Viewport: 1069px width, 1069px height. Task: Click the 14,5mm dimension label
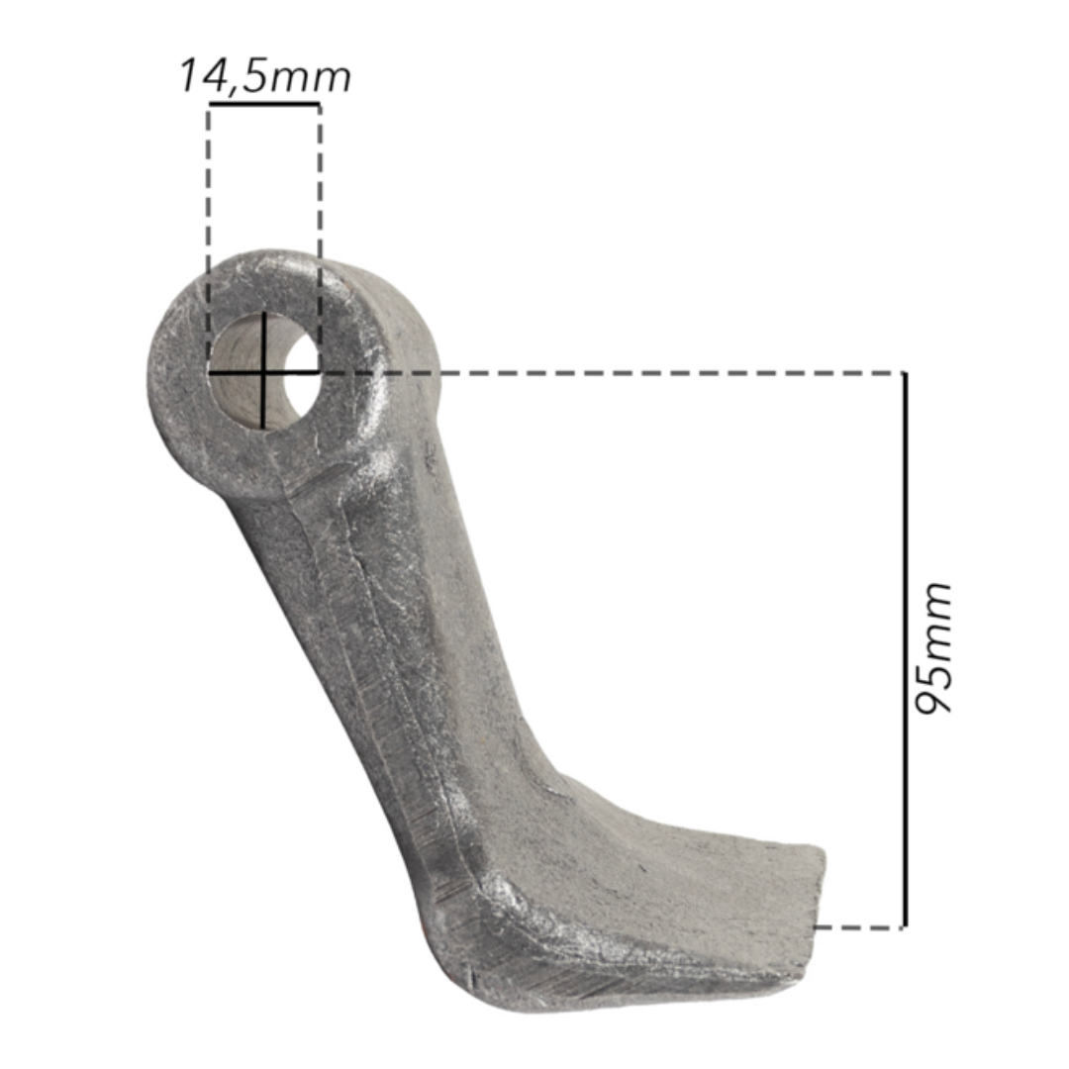click(265, 76)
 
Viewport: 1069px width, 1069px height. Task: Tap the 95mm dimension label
click(932, 648)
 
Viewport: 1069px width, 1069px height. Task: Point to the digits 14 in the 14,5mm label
click(203, 75)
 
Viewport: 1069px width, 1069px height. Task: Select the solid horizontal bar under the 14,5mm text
click(264, 104)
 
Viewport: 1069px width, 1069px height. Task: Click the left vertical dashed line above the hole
click(209, 239)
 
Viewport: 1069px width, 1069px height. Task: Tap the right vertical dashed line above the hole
click(319, 239)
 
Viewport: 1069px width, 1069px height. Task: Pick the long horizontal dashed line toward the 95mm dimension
click(612, 373)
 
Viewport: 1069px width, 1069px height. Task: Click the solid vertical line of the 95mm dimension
click(905, 649)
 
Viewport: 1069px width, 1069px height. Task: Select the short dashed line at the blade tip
click(859, 927)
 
